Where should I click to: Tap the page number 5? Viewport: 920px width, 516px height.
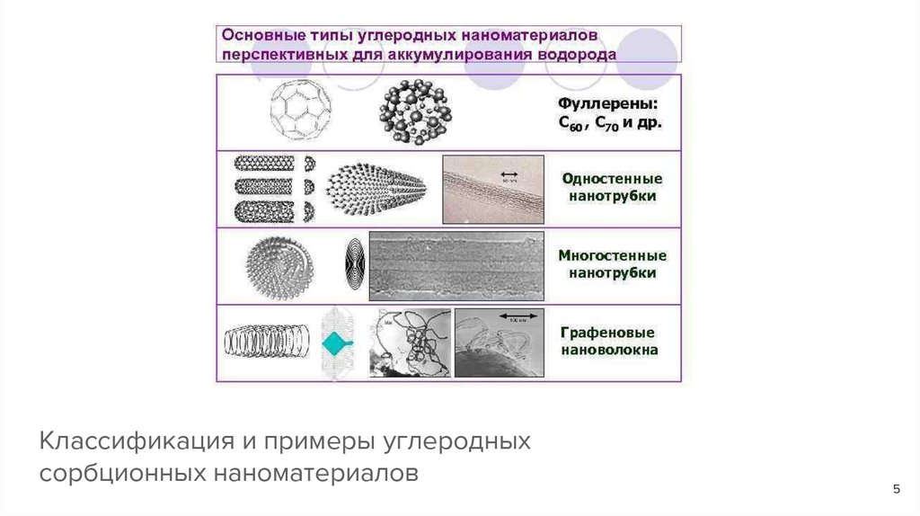(896, 488)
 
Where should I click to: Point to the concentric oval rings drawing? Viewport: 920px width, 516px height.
(354, 266)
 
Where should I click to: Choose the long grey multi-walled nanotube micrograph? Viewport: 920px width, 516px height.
(456, 266)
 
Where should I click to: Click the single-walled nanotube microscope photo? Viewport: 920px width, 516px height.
(492, 189)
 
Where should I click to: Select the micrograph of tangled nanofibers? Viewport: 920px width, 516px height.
(411, 342)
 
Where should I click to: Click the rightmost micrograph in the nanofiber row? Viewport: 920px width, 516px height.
(499, 342)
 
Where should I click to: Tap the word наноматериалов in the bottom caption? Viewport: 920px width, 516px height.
(315, 472)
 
